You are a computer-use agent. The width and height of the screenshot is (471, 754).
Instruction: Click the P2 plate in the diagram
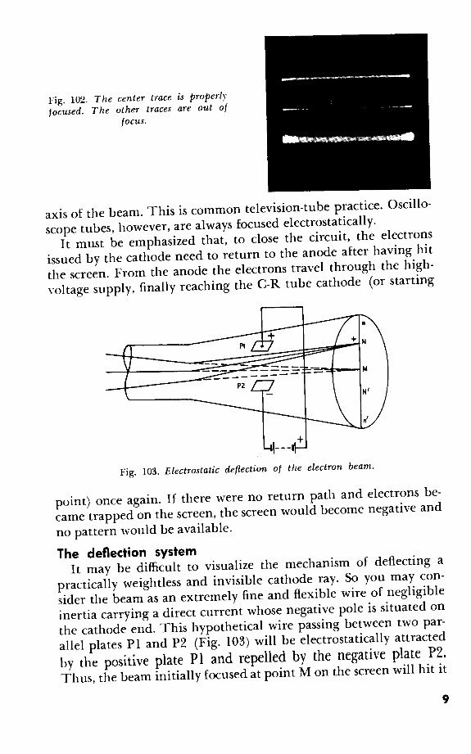(263, 385)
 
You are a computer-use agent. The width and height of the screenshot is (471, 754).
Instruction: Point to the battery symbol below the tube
(281, 447)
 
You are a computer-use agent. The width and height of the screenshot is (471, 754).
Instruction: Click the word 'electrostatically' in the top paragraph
(331, 222)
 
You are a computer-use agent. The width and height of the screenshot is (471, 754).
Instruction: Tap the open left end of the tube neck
(127, 361)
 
